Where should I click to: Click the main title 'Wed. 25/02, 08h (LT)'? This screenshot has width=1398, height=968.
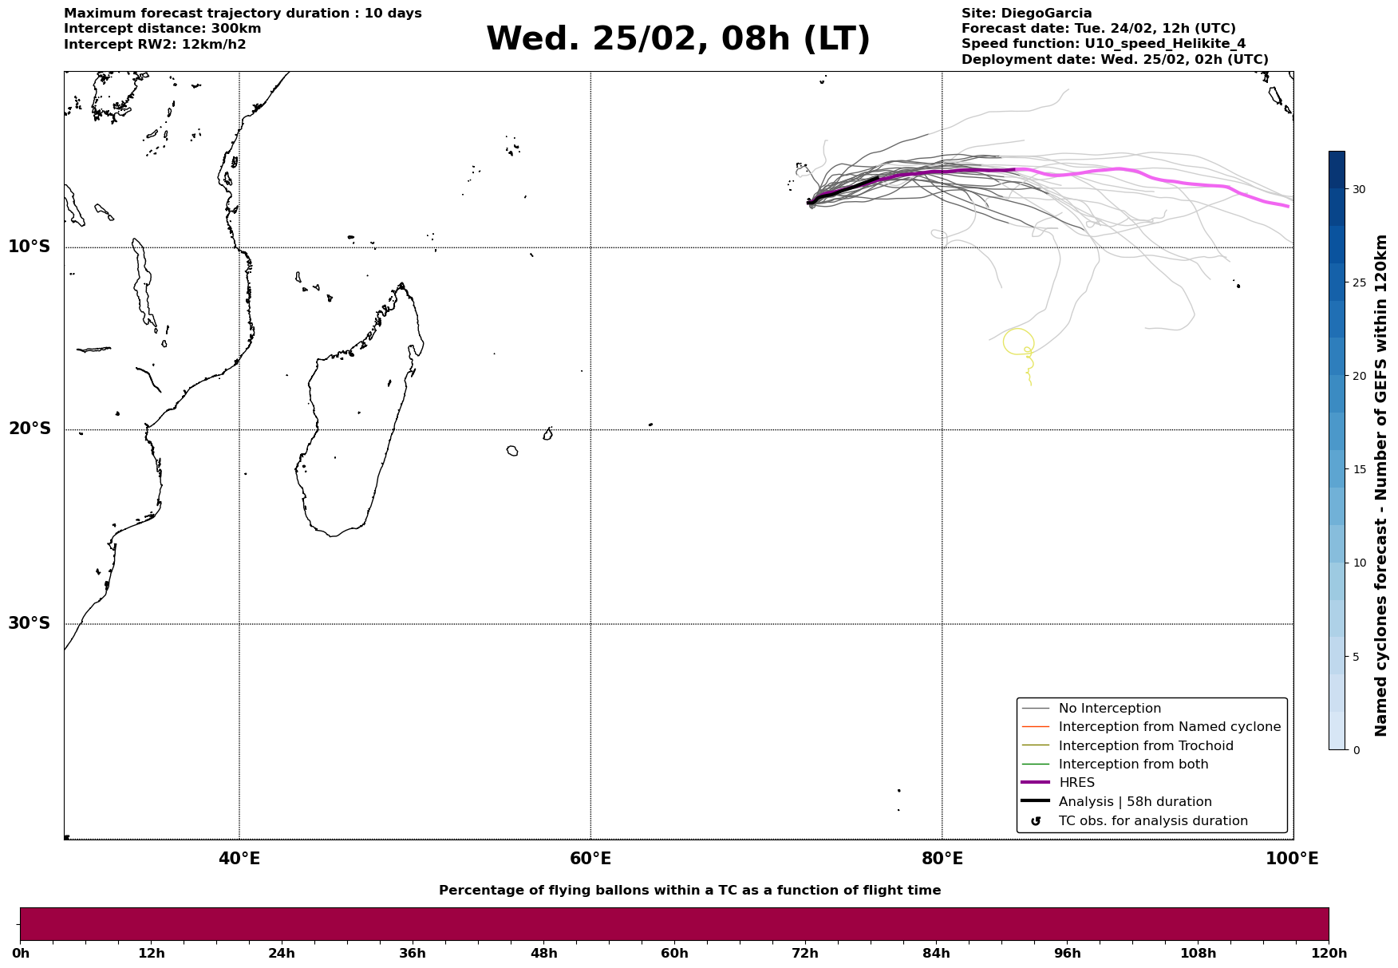677,39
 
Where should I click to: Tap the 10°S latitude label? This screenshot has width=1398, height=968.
30,247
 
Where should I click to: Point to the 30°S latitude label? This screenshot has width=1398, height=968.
30,623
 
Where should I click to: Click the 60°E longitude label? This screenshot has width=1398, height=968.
590,859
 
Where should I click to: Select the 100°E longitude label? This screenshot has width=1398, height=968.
1292,859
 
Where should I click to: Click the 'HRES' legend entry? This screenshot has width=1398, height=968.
1076,783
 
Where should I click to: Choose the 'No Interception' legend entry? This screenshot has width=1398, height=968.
1109,709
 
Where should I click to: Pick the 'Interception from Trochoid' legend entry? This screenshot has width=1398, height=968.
1145,746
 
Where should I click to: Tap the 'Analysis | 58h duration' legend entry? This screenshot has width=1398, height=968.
1135,802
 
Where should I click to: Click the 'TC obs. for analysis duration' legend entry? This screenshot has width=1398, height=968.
1152,821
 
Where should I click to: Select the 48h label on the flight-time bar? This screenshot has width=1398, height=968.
543,954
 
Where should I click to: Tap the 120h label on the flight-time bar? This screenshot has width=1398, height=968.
1328,954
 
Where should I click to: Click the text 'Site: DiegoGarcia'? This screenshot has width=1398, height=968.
1026,14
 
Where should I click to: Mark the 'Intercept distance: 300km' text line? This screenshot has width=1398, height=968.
162,29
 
